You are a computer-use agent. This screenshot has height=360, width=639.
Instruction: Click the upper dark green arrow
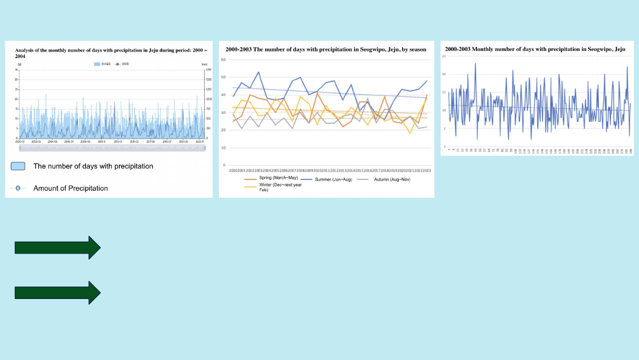(x=57, y=247)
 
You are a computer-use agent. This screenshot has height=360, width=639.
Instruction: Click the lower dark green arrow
(x=57, y=292)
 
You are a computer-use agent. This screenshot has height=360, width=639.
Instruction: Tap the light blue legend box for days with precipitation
(x=18, y=166)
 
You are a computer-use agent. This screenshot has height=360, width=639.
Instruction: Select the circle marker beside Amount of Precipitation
(x=18, y=188)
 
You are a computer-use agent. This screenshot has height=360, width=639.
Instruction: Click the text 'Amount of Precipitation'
(x=70, y=188)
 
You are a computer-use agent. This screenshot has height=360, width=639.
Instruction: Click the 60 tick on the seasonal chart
(x=224, y=60)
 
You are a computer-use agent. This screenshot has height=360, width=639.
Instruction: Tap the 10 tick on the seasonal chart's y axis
(x=224, y=147)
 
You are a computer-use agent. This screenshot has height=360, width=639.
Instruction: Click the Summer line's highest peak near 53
(x=259, y=72)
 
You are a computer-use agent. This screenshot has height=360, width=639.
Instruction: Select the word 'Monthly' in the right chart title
(x=481, y=49)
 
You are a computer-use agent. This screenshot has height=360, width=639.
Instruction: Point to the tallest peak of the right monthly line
(x=475, y=63)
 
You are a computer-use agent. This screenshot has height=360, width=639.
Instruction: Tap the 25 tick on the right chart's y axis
(x=444, y=56)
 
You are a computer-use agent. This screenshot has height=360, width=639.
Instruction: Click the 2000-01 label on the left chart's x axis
(x=20, y=142)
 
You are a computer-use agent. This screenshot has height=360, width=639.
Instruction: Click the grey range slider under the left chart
(x=112, y=148)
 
